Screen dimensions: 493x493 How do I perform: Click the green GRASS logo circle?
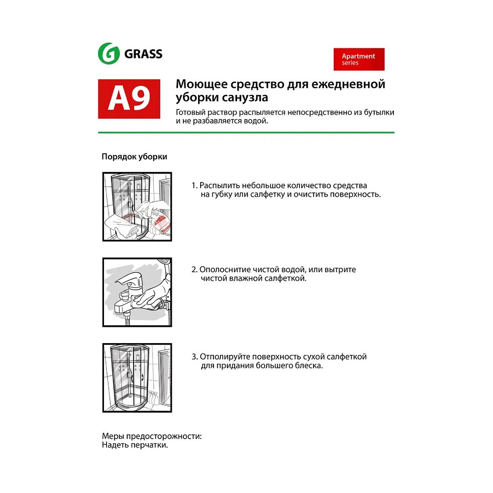[109, 53]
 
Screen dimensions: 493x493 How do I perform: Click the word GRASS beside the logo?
[143, 54]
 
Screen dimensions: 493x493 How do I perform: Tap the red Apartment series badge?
[359, 59]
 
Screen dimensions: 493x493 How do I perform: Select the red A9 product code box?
[129, 99]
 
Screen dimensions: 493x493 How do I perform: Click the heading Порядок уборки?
[134, 157]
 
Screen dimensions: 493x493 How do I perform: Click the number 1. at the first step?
[194, 185]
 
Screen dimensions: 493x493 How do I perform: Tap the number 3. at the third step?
[194, 356]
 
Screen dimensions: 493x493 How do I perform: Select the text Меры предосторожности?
[152, 437]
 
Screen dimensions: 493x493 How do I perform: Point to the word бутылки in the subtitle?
[380, 112]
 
